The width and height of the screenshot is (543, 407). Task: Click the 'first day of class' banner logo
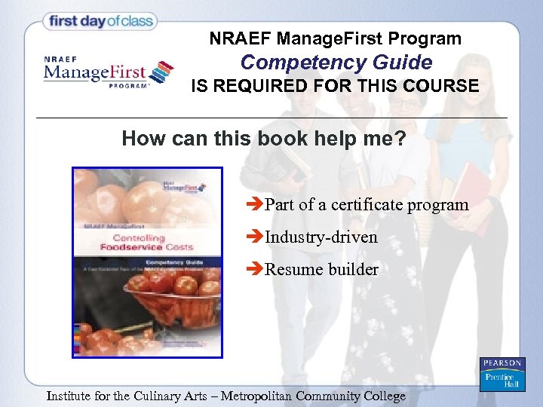tap(100, 21)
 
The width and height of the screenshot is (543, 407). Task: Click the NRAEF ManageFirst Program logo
tap(108, 73)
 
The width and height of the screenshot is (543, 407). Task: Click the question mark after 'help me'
tap(400, 139)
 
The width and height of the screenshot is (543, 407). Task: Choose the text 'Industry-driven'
tap(321, 237)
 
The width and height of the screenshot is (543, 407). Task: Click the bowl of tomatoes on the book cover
tap(162, 298)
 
